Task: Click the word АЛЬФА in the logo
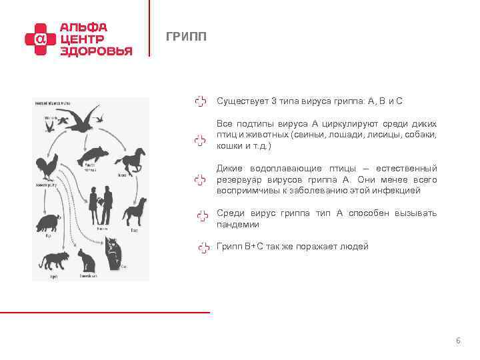[83, 27]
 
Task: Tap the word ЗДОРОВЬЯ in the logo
[96, 51]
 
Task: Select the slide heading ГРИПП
[186, 37]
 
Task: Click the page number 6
[458, 341]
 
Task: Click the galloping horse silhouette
[131, 159]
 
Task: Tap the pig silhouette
[50, 221]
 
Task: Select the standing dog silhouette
[134, 211]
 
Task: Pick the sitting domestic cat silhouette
[86, 260]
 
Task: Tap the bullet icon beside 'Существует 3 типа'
[200, 101]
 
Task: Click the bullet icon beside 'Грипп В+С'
[203, 247]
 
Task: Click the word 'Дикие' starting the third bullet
[229, 169]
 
